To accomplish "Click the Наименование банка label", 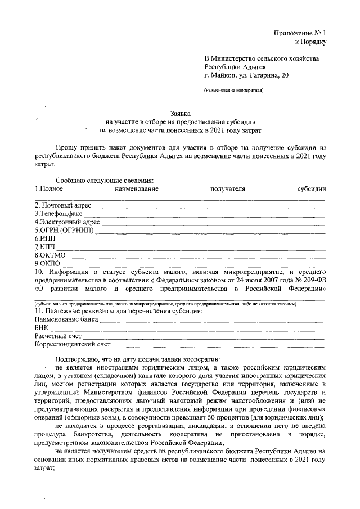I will [x=66, y=319].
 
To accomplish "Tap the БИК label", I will [x=42, y=328].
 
